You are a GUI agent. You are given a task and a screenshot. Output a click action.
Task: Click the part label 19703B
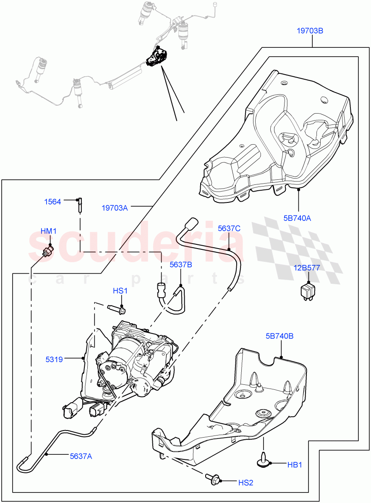point(310,31)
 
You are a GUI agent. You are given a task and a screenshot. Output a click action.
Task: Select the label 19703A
point(115,207)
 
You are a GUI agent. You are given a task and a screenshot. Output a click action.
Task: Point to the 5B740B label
point(280,336)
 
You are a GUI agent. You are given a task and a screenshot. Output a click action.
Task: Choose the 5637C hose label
point(229,228)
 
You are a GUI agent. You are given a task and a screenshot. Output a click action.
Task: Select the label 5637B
point(181,265)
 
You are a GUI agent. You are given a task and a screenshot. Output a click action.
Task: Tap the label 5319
point(54,359)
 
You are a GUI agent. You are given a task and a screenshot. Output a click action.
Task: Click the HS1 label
point(120,291)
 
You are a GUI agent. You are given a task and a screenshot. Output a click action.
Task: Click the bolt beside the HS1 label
point(115,310)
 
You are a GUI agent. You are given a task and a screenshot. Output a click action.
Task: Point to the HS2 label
point(246,482)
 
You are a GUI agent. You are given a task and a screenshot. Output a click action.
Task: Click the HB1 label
point(295,464)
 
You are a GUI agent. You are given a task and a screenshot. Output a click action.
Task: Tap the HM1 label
point(48,231)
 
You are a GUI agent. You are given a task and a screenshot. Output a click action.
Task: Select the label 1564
point(53,202)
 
